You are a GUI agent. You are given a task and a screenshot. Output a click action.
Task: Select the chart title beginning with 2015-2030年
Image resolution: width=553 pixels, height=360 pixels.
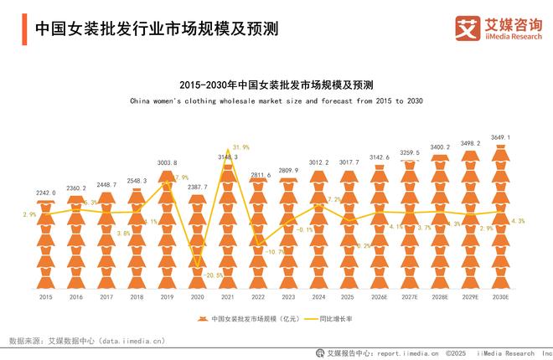click(276, 85)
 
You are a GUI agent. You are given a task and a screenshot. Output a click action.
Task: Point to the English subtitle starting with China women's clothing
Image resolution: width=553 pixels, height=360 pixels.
click(276, 100)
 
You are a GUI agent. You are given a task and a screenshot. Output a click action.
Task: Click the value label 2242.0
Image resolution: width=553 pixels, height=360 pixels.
click(45, 193)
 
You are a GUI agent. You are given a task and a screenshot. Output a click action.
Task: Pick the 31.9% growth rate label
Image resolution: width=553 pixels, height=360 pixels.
click(240, 147)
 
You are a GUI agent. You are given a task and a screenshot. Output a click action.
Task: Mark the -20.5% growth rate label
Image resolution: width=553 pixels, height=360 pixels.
click(214, 275)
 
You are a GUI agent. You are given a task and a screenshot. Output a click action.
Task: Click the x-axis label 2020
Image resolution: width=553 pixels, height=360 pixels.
click(196, 296)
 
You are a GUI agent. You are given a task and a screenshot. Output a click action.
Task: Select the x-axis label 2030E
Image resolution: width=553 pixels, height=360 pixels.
click(499, 296)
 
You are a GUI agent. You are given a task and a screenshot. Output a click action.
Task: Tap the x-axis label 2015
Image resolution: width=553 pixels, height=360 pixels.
click(45, 296)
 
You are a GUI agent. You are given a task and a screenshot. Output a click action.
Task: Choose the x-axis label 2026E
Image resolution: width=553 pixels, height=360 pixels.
click(379, 296)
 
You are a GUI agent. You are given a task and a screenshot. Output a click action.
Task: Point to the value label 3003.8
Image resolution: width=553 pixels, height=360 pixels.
click(166, 162)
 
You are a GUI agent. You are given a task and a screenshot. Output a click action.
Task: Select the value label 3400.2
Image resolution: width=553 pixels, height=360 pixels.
click(439, 147)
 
